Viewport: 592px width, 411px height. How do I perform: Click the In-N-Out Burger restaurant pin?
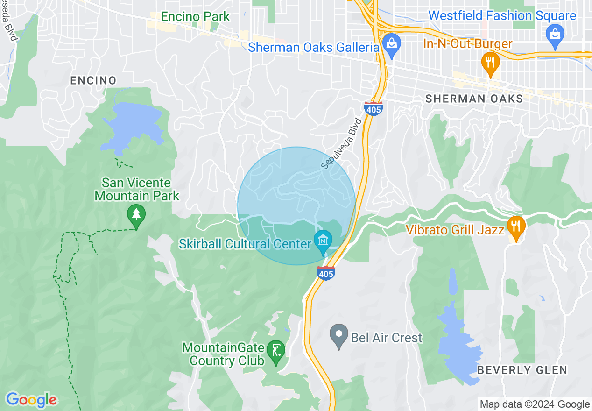490,62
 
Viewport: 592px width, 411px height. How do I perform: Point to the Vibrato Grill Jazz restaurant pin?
515,227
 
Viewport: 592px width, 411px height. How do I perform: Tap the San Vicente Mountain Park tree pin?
136,215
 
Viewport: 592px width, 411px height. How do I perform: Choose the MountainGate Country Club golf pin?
276,350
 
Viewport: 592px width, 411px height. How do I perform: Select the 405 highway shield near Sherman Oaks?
374,108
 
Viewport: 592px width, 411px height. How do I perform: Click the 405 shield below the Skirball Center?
325,273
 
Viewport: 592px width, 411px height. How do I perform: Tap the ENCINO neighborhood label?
93,80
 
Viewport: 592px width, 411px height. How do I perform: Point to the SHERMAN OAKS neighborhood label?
474,99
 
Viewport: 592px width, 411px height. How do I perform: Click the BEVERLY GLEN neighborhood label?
522,370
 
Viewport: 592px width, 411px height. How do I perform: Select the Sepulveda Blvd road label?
342,143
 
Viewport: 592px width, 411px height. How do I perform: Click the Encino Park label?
195,17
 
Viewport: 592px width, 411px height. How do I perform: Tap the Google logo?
31,400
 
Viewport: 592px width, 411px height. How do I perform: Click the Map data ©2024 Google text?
535,404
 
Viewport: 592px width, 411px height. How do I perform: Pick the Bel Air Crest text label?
387,338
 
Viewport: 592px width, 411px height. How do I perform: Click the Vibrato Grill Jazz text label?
455,230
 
